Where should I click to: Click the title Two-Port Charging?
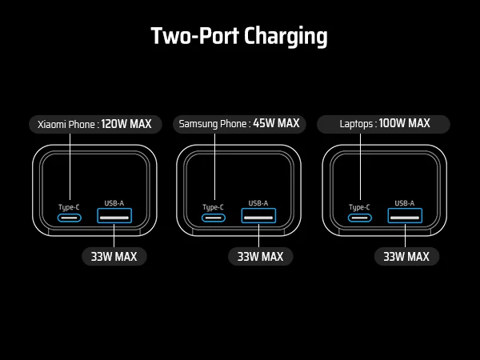tap(239, 36)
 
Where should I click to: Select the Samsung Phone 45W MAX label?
tap(239, 124)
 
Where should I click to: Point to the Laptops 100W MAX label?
tap(384, 124)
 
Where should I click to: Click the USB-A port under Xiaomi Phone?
tap(114, 217)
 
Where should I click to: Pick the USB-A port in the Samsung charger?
tap(258, 217)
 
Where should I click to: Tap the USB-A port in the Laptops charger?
tap(405, 217)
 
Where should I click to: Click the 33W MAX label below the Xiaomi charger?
tap(114, 257)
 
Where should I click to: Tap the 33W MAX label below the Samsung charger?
tap(260, 257)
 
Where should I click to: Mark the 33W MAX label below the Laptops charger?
tap(406, 257)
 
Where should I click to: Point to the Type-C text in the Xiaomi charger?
tap(68, 206)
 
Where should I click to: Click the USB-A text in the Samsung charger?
tap(258, 203)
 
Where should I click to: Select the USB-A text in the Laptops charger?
tap(405, 203)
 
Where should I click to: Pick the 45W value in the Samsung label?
tap(263, 124)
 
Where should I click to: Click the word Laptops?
tap(355, 124)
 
